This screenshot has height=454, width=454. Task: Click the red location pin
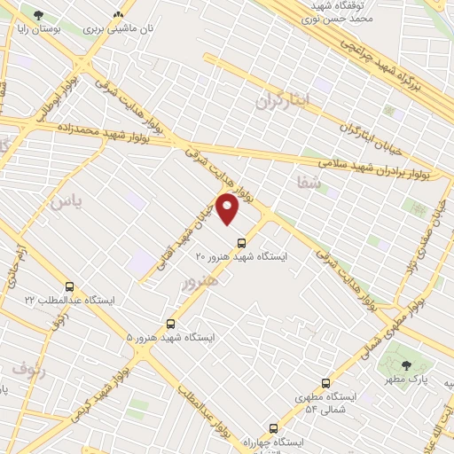tap(229, 209)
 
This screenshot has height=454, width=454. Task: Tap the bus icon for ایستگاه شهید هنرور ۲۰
tap(240, 242)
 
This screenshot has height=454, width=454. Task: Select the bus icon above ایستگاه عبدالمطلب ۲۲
tap(70, 287)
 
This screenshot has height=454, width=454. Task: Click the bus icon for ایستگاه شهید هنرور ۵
tap(170, 325)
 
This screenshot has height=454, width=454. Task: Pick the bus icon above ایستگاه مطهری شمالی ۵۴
tap(326, 384)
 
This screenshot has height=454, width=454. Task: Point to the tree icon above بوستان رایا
tap(37, 15)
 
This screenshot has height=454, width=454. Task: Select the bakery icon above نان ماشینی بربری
tap(118, 15)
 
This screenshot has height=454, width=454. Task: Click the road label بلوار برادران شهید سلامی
tap(376, 165)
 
